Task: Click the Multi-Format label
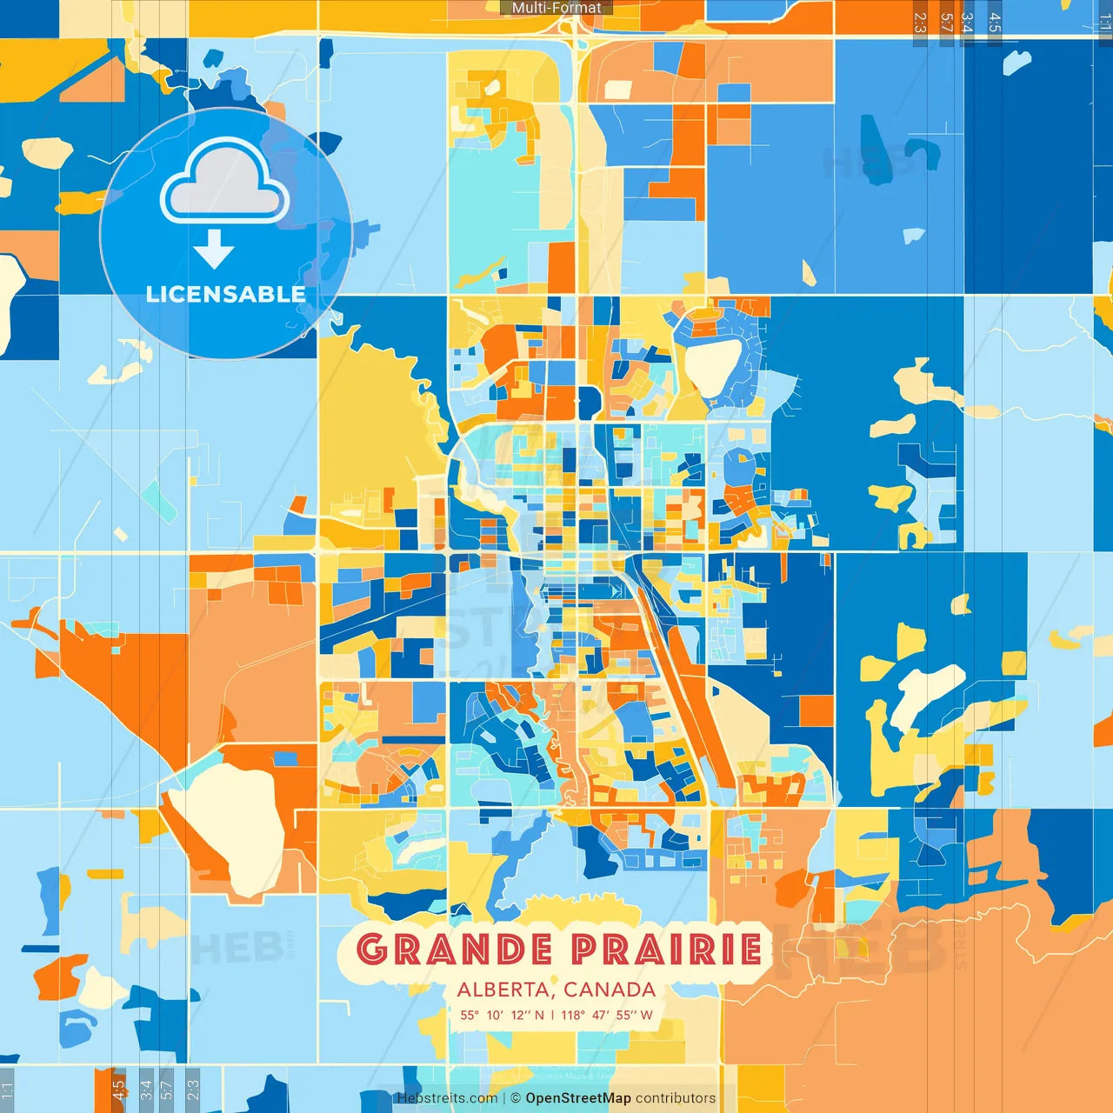click(556, 8)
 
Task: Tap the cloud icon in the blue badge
click(224, 184)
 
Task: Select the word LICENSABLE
click(225, 295)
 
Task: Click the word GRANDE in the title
click(454, 950)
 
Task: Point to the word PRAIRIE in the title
click(667, 950)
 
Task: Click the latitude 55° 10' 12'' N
click(502, 1015)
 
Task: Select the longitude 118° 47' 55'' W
click(607, 1015)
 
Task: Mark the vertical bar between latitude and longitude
click(552, 1015)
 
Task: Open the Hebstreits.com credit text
click(447, 1098)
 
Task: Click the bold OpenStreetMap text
click(578, 1098)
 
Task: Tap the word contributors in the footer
click(676, 1098)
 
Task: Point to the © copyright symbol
click(516, 1098)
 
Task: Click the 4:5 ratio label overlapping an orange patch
click(118, 1090)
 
